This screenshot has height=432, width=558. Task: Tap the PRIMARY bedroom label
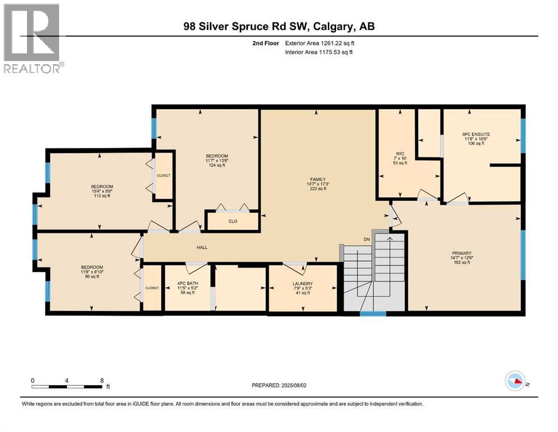tap(461, 253)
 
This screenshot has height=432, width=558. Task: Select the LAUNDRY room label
tap(302, 283)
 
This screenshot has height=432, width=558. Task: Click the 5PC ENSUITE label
tap(476, 134)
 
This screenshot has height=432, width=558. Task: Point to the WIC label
tap(400, 152)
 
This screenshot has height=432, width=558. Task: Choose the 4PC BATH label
tap(188, 283)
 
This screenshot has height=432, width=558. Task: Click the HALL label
tap(203, 247)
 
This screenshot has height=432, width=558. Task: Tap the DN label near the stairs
tap(367, 240)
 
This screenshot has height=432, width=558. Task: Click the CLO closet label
tap(233, 221)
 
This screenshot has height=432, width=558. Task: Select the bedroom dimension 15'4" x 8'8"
tap(102, 192)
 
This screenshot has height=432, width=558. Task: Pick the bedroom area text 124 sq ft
tap(216, 165)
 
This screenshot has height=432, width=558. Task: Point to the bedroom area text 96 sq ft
tap(92, 276)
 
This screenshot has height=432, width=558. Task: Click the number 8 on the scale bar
tap(101, 380)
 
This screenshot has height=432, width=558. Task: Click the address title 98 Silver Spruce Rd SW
tap(279, 26)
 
